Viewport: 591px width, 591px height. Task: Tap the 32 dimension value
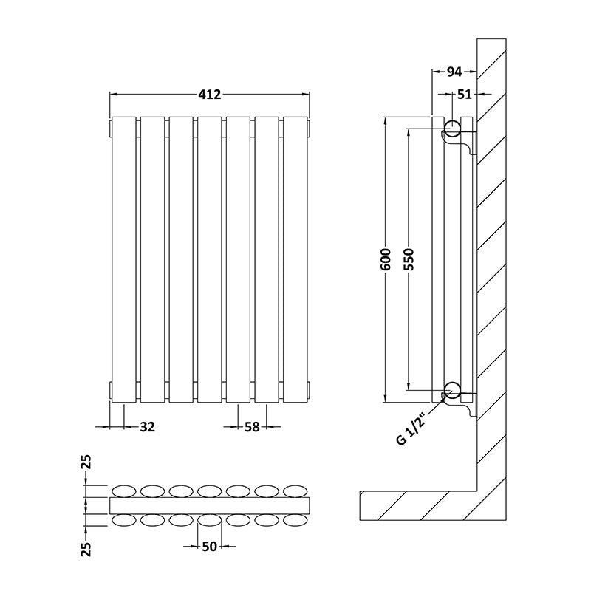click(x=147, y=426)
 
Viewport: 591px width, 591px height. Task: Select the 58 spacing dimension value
click(x=253, y=426)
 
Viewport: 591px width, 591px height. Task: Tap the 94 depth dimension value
click(x=454, y=72)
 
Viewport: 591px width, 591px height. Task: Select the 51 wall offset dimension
click(x=464, y=94)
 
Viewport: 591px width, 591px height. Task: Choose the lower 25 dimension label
click(x=87, y=547)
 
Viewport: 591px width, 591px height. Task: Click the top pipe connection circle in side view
click(x=451, y=127)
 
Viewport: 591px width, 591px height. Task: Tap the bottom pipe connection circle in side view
click(x=451, y=392)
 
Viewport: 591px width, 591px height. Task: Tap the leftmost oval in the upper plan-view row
click(x=123, y=491)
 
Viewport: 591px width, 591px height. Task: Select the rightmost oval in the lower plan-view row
click(x=295, y=520)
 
